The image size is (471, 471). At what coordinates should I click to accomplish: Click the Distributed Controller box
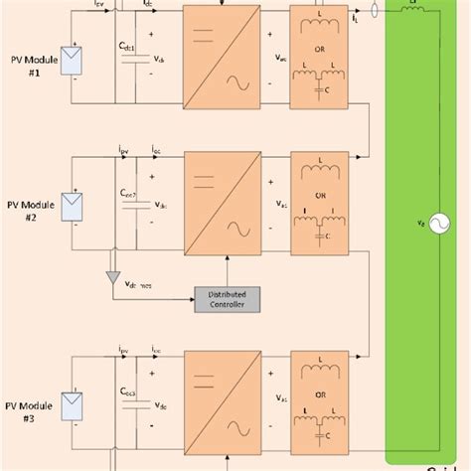point(227,298)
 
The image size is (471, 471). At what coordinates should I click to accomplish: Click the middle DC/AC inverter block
point(218,205)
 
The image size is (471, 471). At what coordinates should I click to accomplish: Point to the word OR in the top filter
point(321,51)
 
